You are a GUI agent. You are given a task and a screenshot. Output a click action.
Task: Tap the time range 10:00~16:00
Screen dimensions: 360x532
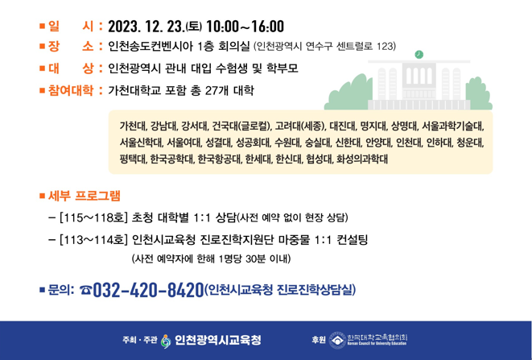245,27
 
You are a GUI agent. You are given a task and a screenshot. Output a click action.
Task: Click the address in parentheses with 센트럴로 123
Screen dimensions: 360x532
324,47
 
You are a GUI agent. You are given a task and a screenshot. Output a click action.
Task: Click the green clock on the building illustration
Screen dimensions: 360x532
419,55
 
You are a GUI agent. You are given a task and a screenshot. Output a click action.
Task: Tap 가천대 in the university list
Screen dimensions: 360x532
132,126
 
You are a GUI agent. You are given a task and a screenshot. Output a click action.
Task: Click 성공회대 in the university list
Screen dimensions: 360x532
249,143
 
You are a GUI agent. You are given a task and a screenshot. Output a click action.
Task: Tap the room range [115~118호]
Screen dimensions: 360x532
93,217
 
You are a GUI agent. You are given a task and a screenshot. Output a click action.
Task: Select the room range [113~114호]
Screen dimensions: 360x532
93,239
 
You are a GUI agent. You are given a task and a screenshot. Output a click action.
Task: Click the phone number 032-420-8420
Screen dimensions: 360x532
148,289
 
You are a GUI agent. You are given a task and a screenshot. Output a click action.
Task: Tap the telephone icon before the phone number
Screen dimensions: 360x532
85,290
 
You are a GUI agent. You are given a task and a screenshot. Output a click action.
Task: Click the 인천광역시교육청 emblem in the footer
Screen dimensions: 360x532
166,341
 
